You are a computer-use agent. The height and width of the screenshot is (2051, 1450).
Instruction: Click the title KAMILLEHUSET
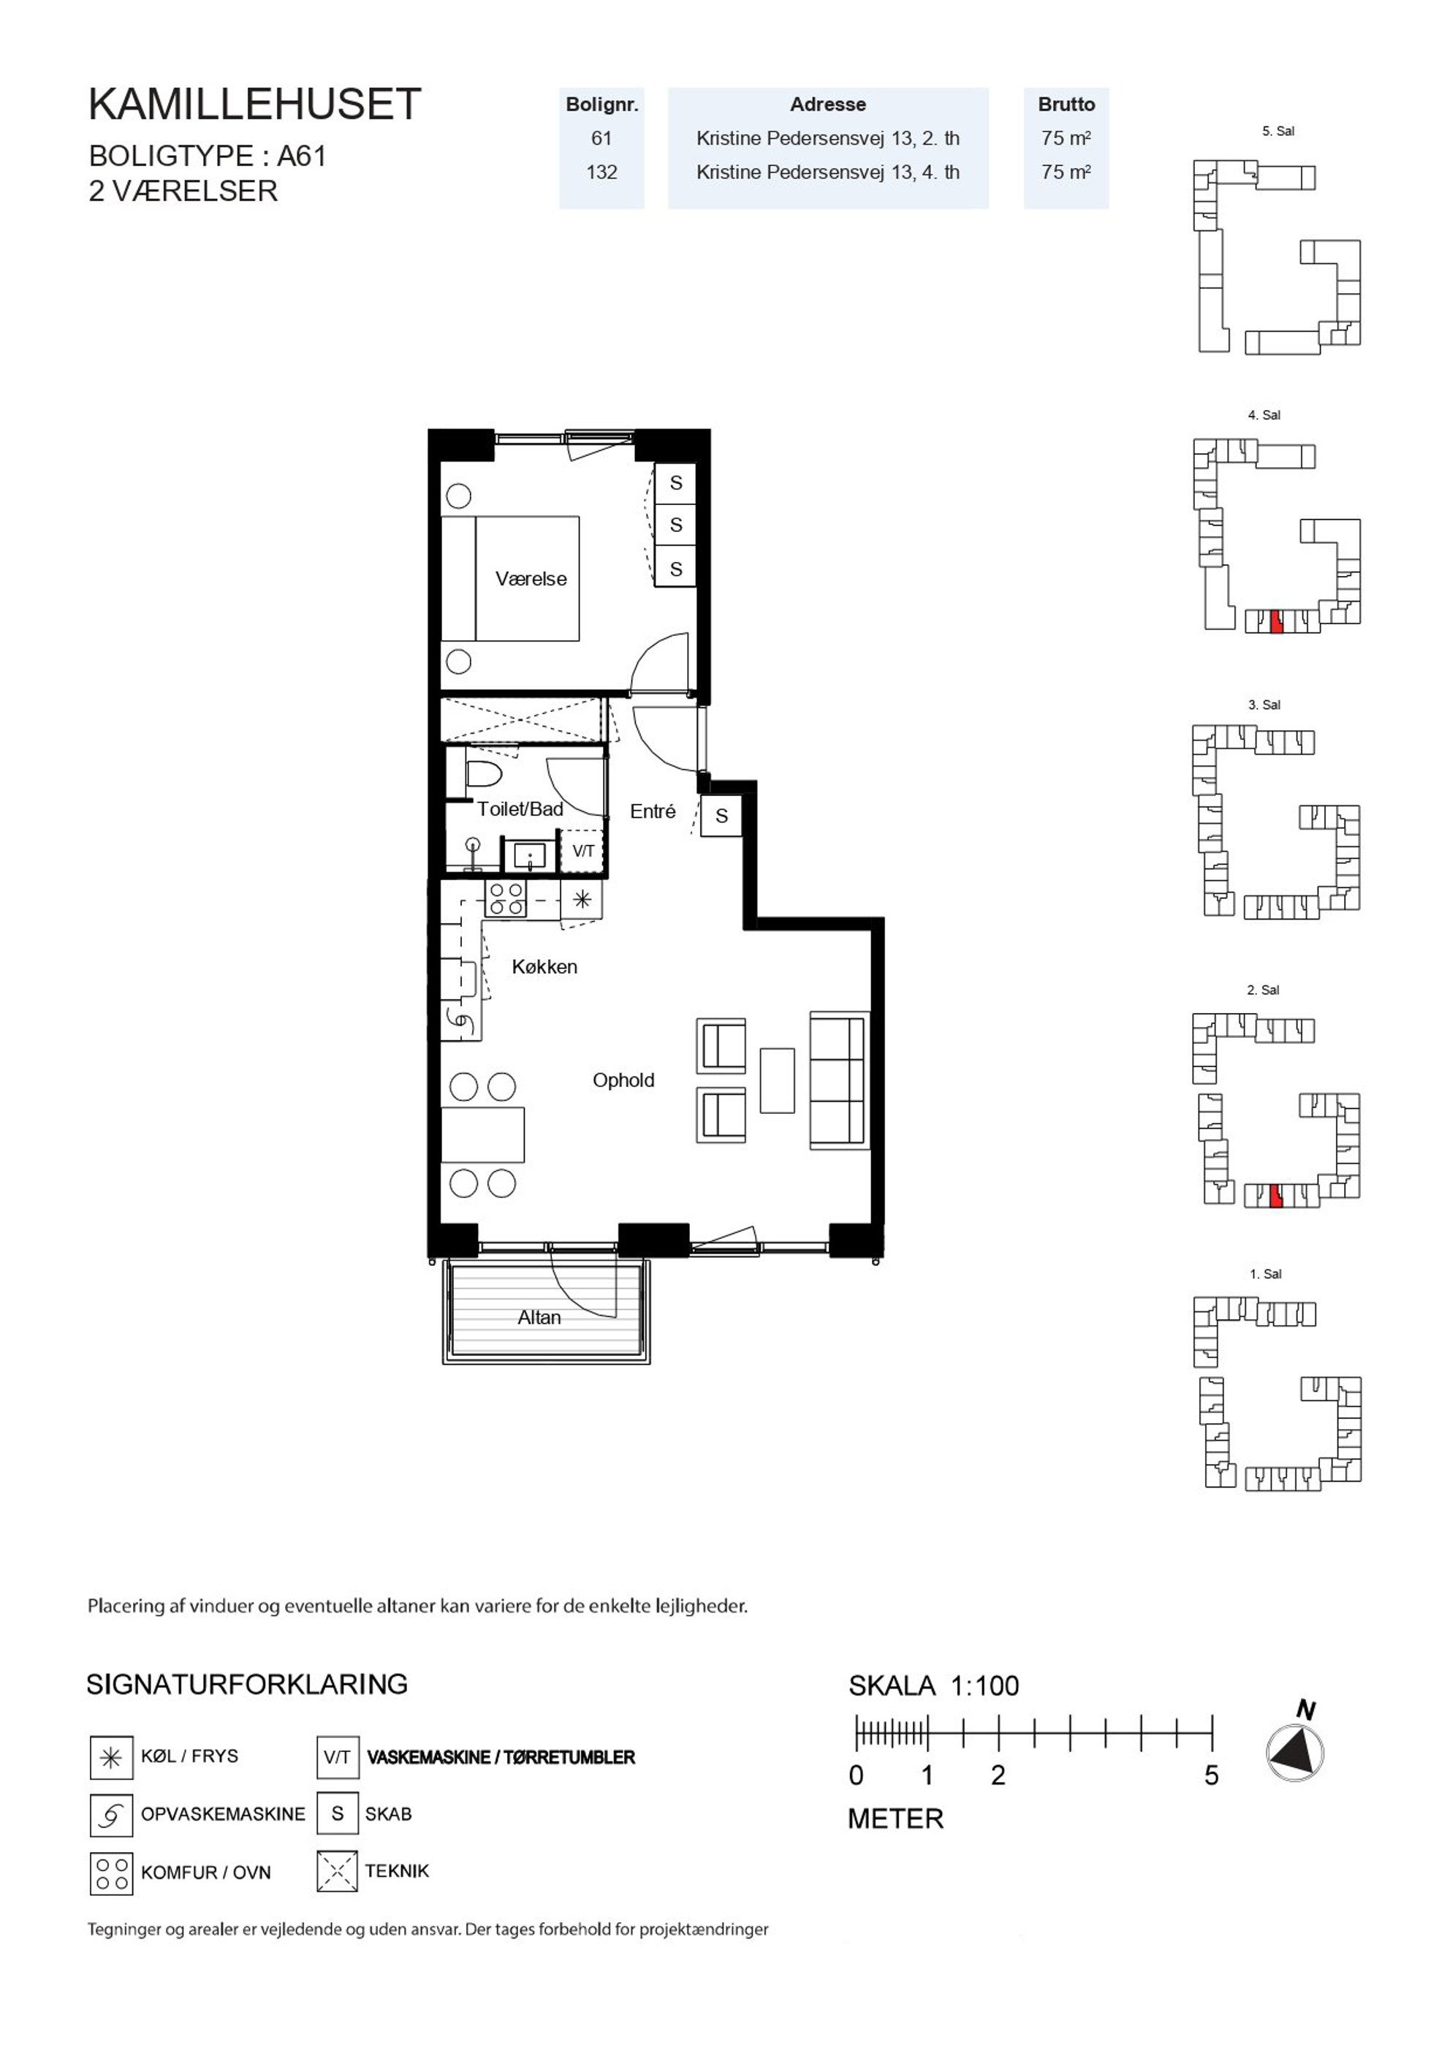click(254, 105)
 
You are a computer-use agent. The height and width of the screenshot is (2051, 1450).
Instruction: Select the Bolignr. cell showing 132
click(601, 172)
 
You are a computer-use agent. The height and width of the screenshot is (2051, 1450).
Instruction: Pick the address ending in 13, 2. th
click(827, 138)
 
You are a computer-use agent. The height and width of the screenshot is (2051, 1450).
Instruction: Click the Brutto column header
click(1066, 105)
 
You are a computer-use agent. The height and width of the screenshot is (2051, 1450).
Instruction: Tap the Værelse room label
click(531, 579)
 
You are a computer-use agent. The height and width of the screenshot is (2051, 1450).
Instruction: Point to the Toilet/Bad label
click(520, 809)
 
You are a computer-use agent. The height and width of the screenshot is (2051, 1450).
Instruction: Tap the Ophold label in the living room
click(623, 1080)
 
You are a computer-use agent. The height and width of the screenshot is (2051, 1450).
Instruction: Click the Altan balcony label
click(539, 1318)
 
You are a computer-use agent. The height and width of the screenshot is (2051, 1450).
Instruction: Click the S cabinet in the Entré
click(721, 816)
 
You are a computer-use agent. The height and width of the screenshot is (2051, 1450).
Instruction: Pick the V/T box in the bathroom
click(582, 852)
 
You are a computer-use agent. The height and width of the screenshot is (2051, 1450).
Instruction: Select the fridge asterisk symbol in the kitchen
click(582, 900)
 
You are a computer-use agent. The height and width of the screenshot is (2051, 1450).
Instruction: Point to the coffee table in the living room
click(778, 1080)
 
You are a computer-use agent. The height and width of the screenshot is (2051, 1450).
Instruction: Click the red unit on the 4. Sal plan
click(1277, 622)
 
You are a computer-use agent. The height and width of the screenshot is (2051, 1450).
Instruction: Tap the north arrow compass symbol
click(1296, 1753)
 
